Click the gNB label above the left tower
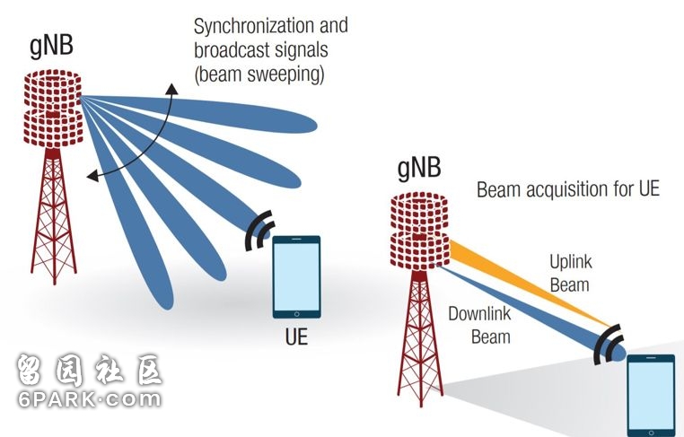click(x=51, y=47)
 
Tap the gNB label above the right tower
click(x=419, y=168)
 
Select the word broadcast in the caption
click(x=234, y=49)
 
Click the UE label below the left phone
click(x=296, y=336)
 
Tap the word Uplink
click(x=571, y=262)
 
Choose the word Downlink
click(x=479, y=313)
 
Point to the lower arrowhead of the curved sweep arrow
click(x=92, y=176)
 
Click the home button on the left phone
click(x=296, y=314)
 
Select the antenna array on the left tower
click(x=52, y=109)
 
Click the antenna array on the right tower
click(x=419, y=232)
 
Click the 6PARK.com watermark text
click(x=90, y=399)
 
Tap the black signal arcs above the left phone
click(x=259, y=231)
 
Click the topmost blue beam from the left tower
click(x=199, y=112)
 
